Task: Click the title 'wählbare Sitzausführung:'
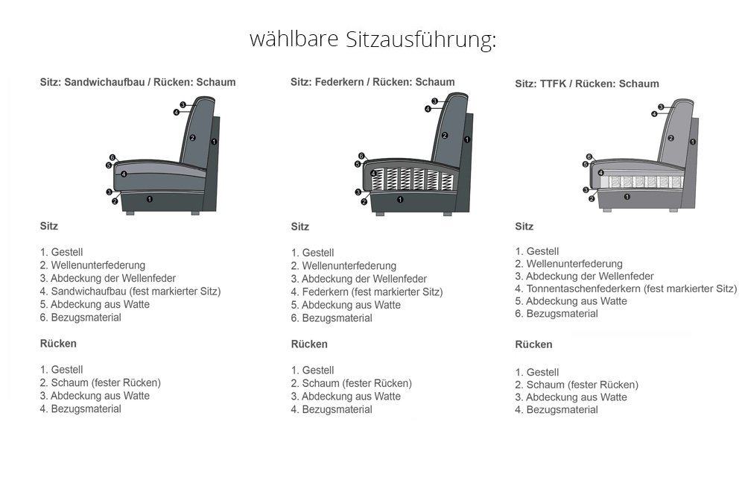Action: (373, 39)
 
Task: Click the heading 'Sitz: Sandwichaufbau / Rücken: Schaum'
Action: (138, 82)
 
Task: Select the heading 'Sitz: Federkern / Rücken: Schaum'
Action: (372, 82)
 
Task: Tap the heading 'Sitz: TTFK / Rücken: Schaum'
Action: (587, 83)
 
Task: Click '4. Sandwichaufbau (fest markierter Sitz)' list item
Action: (130, 291)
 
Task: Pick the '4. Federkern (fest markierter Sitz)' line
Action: (367, 292)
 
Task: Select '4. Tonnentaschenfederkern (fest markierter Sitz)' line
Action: (626, 288)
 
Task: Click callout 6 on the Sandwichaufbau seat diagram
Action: (112, 157)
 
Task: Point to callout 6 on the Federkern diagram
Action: (361, 156)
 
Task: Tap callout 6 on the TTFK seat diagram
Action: (589, 157)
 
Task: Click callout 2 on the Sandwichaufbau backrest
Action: (192, 138)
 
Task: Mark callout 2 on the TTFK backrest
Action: (671, 139)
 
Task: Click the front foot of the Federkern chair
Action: (380, 214)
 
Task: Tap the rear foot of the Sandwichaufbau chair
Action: (195, 213)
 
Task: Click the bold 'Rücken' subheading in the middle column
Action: (309, 344)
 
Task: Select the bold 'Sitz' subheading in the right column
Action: (524, 227)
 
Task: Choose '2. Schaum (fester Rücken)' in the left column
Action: (101, 382)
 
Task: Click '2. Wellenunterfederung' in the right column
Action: (568, 264)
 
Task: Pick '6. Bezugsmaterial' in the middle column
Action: (332, 318)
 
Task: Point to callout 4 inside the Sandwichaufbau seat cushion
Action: (124, 174)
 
